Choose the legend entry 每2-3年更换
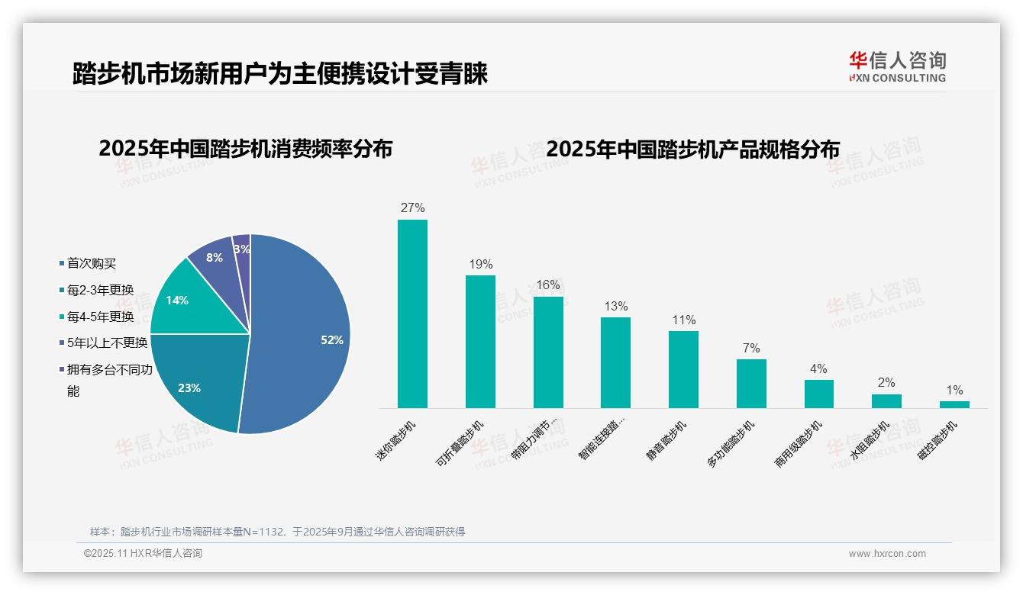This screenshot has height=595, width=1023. (x=100, y=290)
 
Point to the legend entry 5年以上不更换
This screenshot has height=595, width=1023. (x=107, y=343)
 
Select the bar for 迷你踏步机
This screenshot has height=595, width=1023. (x=412, y=314)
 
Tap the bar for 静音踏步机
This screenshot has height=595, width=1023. (x=683, y=369)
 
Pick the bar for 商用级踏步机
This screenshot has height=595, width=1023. (x=818, y=394)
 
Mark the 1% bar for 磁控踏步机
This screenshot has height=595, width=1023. (x=954, y=404)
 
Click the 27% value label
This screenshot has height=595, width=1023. (x=412, y=208)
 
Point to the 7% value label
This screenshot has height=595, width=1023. (x=751, y=349)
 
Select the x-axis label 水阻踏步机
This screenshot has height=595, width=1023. (x=870, y=441)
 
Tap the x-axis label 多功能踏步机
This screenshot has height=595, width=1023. (x=731, y=444)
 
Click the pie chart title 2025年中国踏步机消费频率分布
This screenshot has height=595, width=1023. (x=245, y=149)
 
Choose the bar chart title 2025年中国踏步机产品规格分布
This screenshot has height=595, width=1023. (x=692, y=149)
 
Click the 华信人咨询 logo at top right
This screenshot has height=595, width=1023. (x=897, y=66)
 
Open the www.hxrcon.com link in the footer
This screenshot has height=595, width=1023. (x=887, y=554)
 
